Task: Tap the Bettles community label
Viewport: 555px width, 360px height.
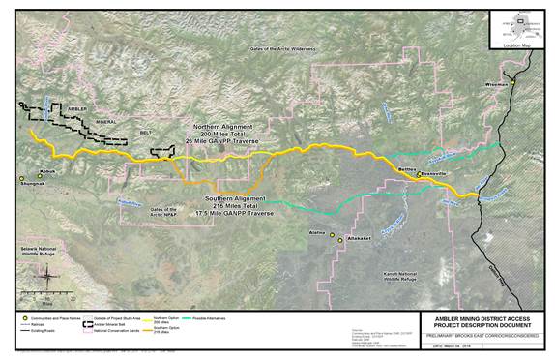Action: [411, 168]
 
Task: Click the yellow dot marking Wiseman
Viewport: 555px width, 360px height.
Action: [514, 82]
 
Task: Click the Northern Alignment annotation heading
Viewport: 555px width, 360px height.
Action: [222, 127]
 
